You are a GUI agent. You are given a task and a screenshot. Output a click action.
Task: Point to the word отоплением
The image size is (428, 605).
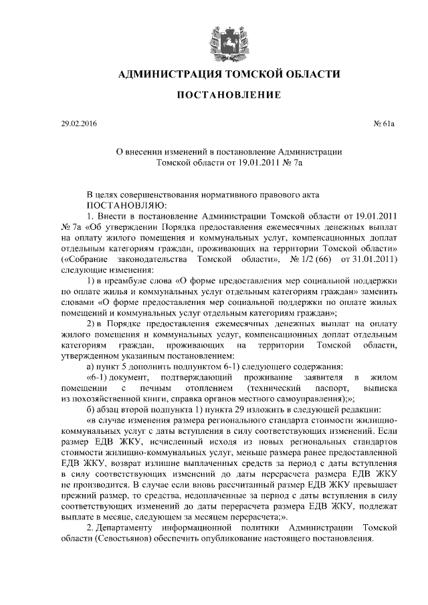(215, 388)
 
